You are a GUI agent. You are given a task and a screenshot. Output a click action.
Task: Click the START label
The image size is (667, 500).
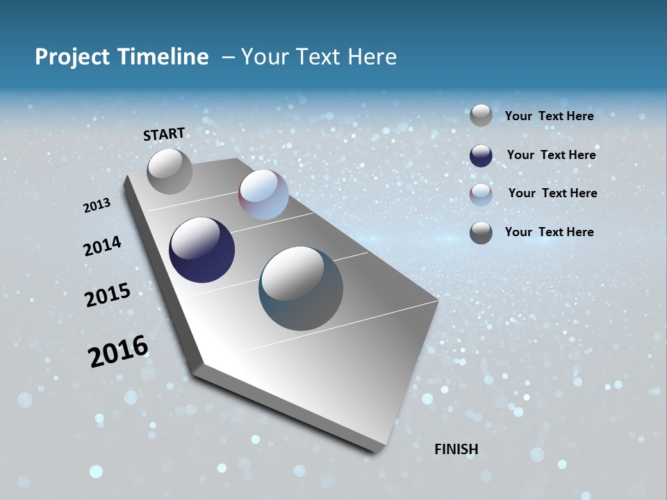pyautogui.click(x=164, y=134)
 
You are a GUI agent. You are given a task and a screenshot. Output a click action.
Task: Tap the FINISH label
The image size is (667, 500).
pyautogui.click(x=456, y=449)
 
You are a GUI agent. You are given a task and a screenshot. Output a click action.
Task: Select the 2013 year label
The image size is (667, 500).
pyautogui.click(x=97, y=206)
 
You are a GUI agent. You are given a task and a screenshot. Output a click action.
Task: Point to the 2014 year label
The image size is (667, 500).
pyautogui.click(x=102, y=246)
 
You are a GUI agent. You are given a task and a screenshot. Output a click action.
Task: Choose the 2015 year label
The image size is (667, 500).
pyautogui.click(x=107, y=295)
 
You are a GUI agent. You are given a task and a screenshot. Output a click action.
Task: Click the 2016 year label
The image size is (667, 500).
pyautogui.click(x=118, y=351)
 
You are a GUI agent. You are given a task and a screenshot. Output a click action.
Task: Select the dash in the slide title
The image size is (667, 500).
pyautogui.click(x=228, y=57)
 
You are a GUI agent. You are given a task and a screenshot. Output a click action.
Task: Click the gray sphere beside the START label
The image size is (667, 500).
pyautogui.click(x=170, y=171)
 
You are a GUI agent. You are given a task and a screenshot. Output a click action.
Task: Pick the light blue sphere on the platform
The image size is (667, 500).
pyautogui.click(x=263, y=194)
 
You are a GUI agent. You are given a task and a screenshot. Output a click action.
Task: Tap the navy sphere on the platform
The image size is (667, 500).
pyautogui.click(x=201, y=250)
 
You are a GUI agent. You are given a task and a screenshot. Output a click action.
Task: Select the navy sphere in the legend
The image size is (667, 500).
pyautogui.click(x=481, y=156)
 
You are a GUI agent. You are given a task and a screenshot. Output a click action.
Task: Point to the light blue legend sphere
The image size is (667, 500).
pyautogui.click(x=481, y=194)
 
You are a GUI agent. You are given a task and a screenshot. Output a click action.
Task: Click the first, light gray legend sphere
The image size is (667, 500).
pyautogui.click(x=481, y=115)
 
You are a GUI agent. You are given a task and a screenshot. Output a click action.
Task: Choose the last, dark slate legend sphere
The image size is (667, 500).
pyautogui.click(x=481, y=233)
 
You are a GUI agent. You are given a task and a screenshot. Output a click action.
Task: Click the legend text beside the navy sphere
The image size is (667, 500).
pyautogui.click(x=551, y=155)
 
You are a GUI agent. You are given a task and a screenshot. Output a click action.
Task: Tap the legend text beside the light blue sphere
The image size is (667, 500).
pyautogui.click(x=552, y=193)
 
